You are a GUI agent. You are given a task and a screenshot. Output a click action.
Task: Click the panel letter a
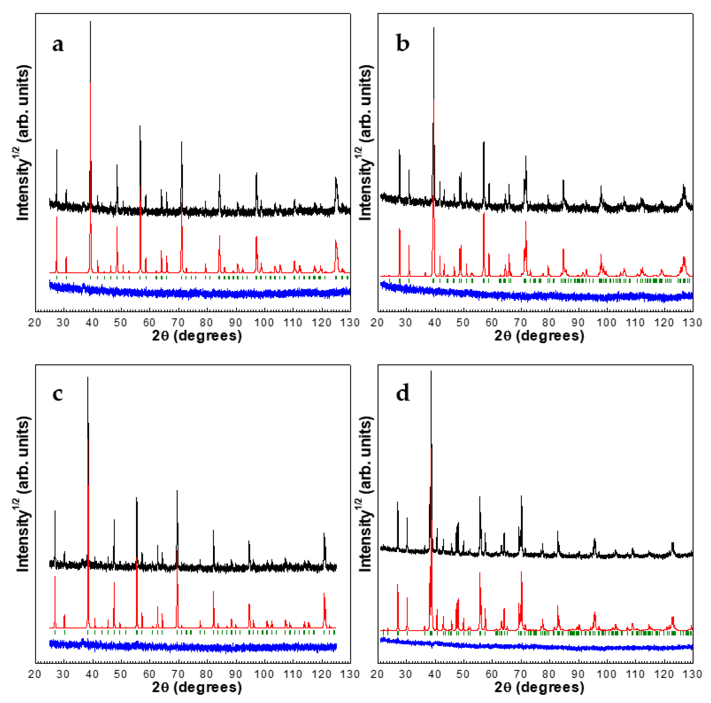pos(58,45)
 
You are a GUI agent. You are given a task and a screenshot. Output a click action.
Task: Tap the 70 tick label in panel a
pos(178,323)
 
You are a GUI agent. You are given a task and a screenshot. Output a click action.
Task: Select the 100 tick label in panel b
pos(606,323)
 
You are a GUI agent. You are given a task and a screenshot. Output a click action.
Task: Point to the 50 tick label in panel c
pos(120,674)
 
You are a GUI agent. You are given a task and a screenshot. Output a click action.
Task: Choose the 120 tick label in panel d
pos(663,674)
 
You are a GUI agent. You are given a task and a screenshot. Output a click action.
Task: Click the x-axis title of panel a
pos(197,336)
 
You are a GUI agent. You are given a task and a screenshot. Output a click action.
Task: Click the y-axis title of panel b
pos(365,144)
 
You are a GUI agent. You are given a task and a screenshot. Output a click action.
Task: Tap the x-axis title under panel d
pos(539,687)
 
